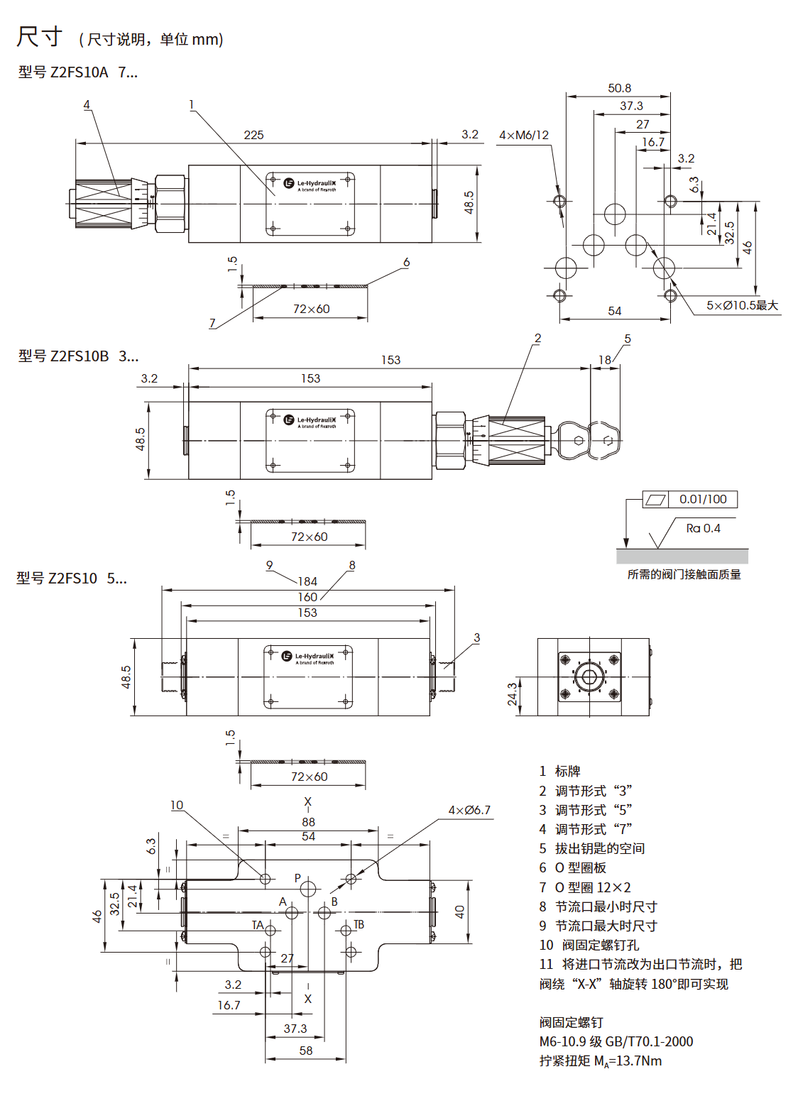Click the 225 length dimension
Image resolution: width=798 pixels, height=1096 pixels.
click(253, 135)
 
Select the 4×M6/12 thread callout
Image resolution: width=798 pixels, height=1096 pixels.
click(524, 135)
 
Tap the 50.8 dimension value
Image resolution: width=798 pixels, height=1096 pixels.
click(619, 88)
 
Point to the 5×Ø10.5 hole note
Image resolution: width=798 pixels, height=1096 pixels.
click(742, 305)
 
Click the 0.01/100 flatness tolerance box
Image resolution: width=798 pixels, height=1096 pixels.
click(702, 499)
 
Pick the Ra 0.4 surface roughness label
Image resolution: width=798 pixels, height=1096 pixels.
click(703, 528)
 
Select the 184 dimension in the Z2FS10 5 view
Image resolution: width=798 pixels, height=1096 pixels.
click(307, 581)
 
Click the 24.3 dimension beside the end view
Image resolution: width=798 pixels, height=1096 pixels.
click(512, 694)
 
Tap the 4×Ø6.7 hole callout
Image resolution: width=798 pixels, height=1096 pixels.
click(469, 810)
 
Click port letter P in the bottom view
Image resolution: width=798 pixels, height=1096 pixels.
click(297, 878)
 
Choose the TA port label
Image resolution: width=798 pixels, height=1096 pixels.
click(258, 925)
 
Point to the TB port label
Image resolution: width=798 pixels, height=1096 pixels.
click(359, 924)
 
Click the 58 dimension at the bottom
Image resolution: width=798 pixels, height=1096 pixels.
click(306, 1051)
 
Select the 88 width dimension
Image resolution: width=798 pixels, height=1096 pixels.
click(308, 822)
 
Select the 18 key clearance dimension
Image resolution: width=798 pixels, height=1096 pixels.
click(604, 360)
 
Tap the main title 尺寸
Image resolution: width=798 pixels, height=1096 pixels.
click(40, 36)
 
